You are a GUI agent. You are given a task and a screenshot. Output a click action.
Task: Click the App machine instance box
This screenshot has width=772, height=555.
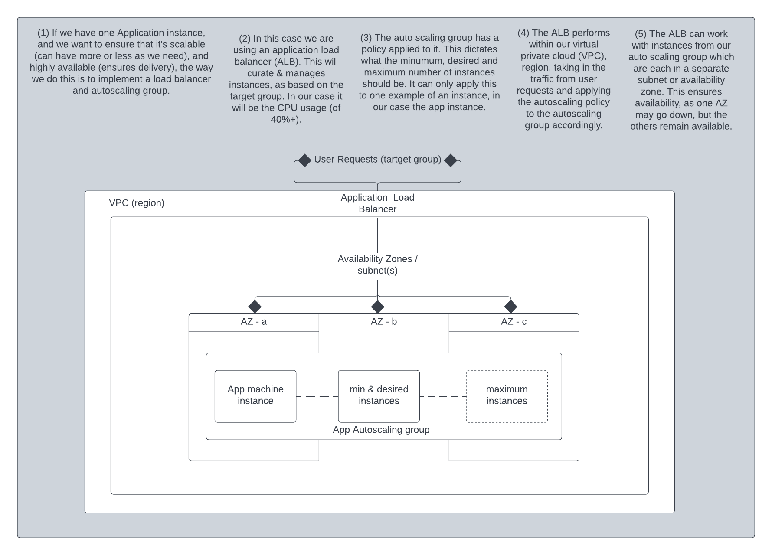point(255,396)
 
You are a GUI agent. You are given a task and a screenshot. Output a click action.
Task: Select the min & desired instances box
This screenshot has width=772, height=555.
point(379,396)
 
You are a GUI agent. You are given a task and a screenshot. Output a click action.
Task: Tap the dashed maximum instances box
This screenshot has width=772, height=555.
point(507,396)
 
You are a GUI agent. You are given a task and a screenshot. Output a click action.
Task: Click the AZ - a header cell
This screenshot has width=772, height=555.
point(254,322)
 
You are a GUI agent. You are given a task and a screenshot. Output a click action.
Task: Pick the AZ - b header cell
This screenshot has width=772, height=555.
point(384,322)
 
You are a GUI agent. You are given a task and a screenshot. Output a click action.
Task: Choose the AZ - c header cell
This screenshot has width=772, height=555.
point(514,322)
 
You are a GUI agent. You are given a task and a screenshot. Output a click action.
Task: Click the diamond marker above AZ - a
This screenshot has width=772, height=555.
point(255,307)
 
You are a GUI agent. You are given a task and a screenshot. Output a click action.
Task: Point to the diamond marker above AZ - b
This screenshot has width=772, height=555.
point(378,307)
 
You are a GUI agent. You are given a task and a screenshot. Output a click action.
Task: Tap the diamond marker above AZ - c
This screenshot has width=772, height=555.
point(510,307)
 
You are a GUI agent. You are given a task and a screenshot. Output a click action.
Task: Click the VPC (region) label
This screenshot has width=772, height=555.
point(137,203)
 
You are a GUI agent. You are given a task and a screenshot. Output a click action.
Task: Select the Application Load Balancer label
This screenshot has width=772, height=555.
point(377,203)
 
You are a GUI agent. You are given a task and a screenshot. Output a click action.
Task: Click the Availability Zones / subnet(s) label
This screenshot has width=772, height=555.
point(377,264)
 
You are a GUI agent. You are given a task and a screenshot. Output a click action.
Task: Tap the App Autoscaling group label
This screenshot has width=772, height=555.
point(381,430)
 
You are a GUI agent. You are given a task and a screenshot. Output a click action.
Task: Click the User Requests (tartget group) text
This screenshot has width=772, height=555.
point(377,160)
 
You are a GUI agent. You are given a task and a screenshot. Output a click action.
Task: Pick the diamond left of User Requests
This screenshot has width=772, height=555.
point(305,160)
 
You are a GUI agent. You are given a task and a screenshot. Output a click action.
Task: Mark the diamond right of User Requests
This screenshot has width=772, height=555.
point(451,160)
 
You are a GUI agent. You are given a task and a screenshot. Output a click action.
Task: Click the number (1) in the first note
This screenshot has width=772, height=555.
point(43,33)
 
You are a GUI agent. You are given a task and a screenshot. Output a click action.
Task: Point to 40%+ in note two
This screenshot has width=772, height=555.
point(285,119)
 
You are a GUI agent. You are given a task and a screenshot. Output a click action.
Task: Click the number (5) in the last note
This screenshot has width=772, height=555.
point(641,34)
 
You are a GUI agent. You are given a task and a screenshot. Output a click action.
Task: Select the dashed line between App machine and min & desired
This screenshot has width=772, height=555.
point(317,396)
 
